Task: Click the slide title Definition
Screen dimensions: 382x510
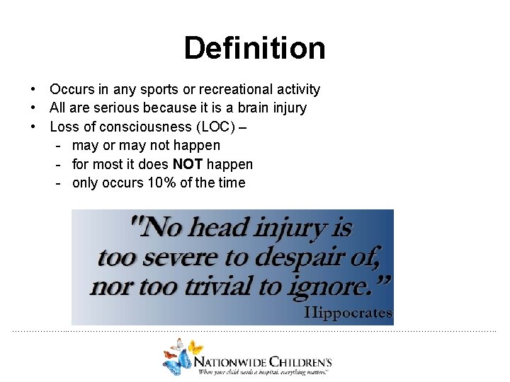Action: (x=254, y=48)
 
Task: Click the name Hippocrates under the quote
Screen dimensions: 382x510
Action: (x=348, y=313)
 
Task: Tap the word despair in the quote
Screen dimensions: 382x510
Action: (x=300, y=257)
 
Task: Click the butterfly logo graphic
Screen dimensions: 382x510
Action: (x=180, y=355)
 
